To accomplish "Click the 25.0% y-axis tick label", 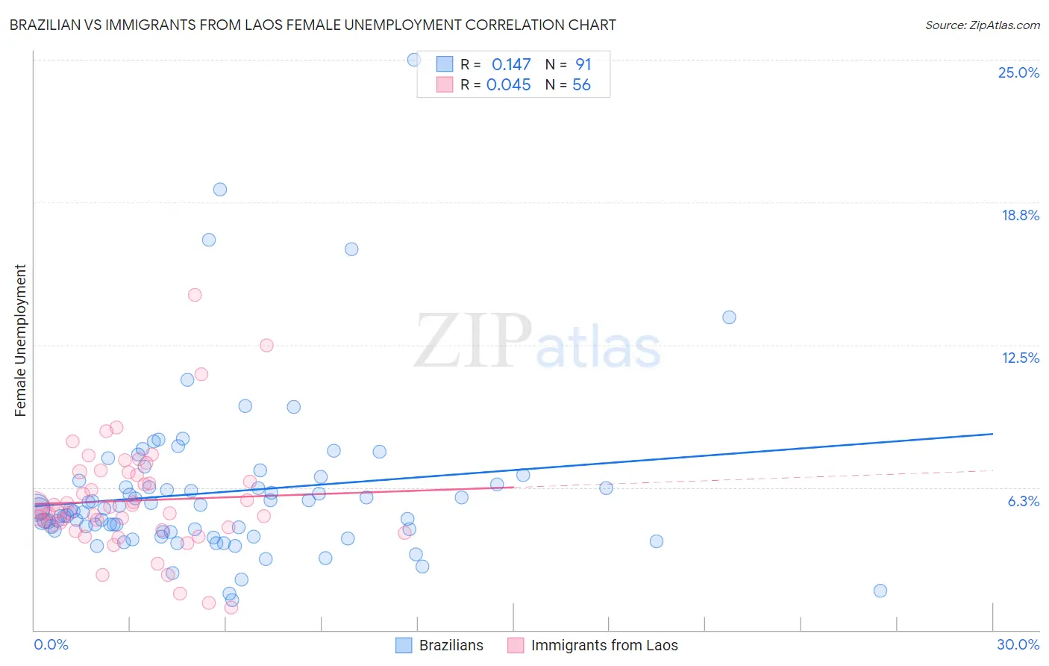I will (1018, 72).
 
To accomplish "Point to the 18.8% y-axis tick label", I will (1020, 215).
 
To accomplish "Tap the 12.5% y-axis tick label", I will (1020, 358).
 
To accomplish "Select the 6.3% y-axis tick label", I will (1023, 501).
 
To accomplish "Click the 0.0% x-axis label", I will (51, 644).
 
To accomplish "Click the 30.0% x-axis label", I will (1018, 644).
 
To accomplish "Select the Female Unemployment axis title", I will (20, 340).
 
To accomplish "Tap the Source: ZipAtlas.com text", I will (982, 25).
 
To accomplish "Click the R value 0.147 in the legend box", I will (511, 65).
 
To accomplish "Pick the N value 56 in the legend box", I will (581, 85).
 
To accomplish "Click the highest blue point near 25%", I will (413, 60).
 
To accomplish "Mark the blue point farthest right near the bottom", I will (880, 591).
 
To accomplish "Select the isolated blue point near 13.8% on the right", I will (729, 317).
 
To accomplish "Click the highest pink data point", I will (195, 295).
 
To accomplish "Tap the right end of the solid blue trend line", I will (992, 434).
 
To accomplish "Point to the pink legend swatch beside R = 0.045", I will (445, 84).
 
